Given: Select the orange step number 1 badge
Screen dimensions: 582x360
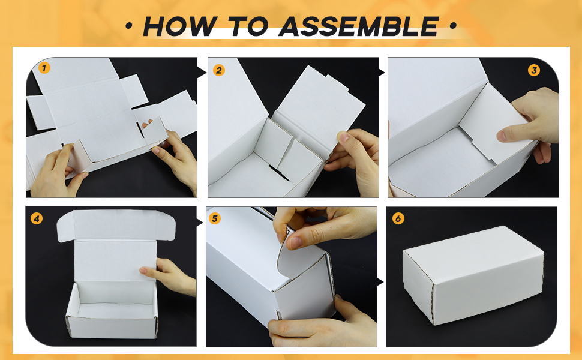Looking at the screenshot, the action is point(44,68).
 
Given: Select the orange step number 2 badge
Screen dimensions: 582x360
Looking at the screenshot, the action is point(219,70).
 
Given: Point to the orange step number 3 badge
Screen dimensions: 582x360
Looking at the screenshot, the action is point(534,70).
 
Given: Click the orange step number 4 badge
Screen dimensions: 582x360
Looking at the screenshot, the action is point(37,218).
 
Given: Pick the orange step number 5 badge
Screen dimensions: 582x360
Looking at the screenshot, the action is point(215,218).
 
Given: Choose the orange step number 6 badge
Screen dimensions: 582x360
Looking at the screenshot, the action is point(398,218).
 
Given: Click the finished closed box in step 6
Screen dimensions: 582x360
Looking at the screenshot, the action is point(473,275).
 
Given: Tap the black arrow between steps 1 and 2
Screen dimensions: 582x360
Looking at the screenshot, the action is point(202,72).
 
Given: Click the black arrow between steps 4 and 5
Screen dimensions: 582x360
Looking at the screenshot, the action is point(200,223).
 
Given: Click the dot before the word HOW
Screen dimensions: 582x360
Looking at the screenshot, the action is point(129,26).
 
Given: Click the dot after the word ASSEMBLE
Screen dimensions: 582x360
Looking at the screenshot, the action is point(453,26).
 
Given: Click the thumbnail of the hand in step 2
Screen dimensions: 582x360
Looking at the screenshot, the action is point(344,137).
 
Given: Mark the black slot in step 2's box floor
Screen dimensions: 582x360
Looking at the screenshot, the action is point(279,173).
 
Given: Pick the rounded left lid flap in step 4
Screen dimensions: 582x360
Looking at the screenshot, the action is point(65,226).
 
